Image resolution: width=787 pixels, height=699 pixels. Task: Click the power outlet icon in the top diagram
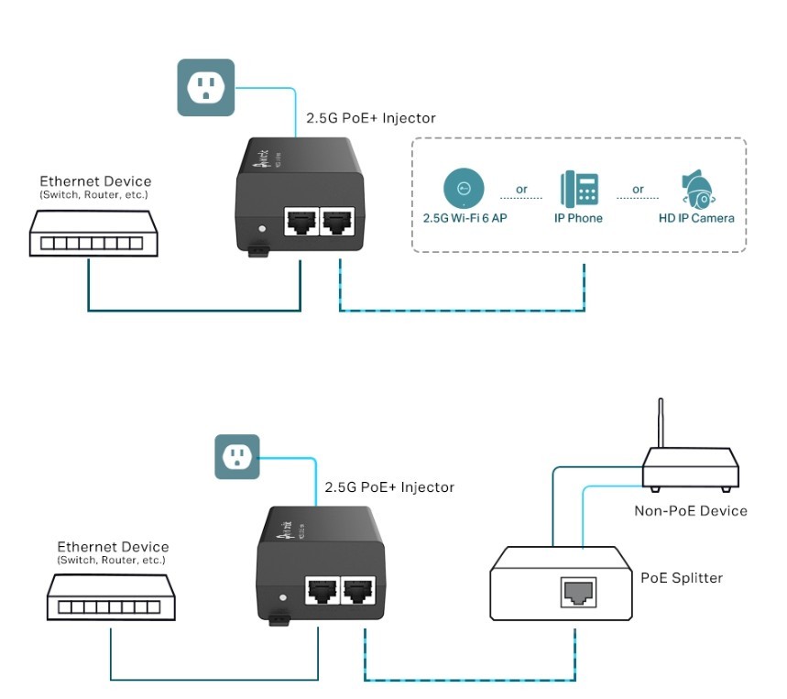(x=205, y=88)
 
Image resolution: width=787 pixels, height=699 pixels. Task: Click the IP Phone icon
(x=579, y=188)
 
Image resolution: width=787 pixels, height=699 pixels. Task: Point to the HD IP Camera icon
(x=697, y=190)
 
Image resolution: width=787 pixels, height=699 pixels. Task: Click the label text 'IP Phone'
(x=579, y=219)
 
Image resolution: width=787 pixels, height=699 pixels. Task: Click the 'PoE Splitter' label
(x=681, y=578)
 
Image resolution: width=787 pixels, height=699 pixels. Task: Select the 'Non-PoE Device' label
(x=691, y=510)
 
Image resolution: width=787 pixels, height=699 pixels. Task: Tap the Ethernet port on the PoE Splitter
(x=579, y=593)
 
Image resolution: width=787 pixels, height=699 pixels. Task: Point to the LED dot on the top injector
(x=263, y=227)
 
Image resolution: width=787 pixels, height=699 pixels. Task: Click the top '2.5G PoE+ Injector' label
(x=370, y=118)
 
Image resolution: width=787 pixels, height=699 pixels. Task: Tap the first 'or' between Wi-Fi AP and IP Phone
(x=522, y=190)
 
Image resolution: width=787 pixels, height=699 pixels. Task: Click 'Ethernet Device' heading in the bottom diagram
(x=113, y=547)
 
